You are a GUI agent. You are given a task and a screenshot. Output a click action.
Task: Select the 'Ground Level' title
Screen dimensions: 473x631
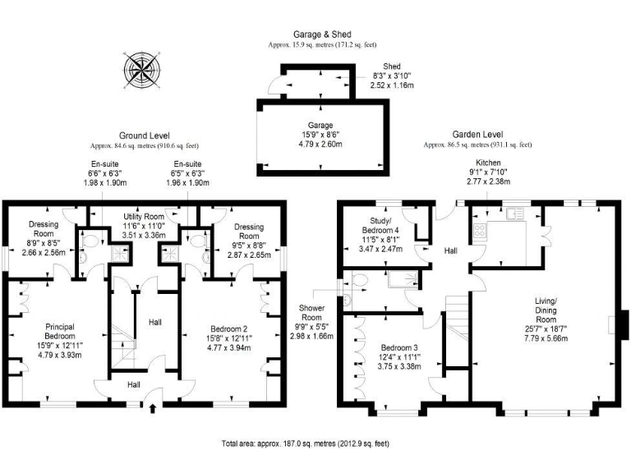tap(144, 135)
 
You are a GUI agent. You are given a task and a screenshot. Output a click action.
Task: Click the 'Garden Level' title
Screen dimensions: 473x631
tap(477, 135)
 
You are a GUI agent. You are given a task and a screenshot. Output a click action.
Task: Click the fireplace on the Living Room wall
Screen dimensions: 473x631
tap(624, 324)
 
